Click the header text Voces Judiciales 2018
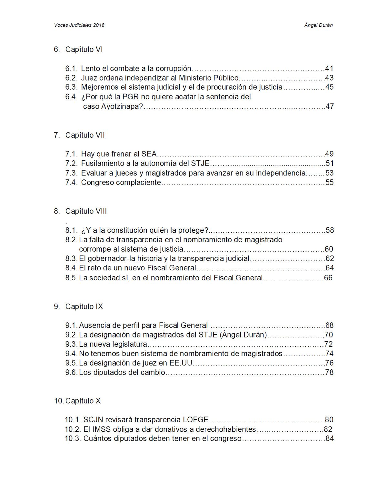(x=79, y=25)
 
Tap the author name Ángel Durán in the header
(x=318, y=25)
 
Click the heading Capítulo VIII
(x=86, y=211)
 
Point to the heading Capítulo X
(x=83, y=401)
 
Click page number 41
(x=329, y=69)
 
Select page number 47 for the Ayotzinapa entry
(x=329, y=106)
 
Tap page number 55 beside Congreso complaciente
(x=329, y=183)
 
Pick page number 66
(x=328, y=278)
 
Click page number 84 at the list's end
(x=330, y=439)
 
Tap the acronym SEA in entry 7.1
(x=149, y=154)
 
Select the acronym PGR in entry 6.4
(x=130, y=97)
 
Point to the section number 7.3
(x=71, y=173)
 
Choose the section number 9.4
(x=71, y=354)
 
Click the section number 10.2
(x=72, y=429)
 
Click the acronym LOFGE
(x=195, y=420)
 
